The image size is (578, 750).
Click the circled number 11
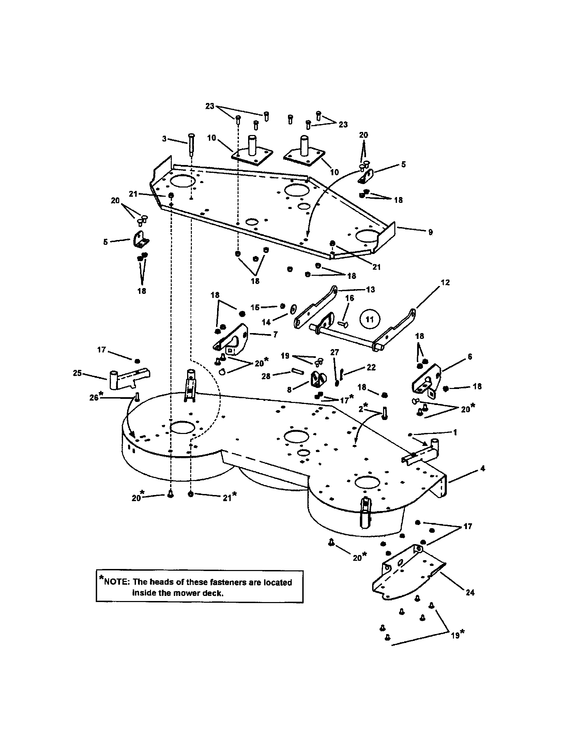coord(369,319)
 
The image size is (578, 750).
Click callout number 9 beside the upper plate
coord(430,232)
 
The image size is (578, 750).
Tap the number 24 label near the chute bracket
coord(470,592)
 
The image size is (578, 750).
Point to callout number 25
coord(77,373)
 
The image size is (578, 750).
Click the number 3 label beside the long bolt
coord(164,139)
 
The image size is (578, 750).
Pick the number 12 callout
coord(445,282)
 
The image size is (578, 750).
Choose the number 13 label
coord(370,289)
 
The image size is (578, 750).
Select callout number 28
coord(266,376)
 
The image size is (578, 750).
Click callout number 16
coord(349,298)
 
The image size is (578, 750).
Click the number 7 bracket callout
coord(275,334)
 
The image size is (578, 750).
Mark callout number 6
coord(470,357)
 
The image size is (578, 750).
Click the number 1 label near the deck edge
coord(455,432)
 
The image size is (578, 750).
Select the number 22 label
coord(371,367)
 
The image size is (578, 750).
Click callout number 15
coord(255,307)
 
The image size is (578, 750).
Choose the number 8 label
coord(289,390)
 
